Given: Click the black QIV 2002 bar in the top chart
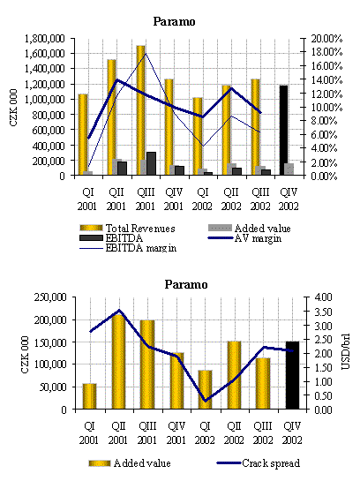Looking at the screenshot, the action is pyautogui.click(x=283, y=130).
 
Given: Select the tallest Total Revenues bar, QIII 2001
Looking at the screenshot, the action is pyautogui.click(x=141, y=110).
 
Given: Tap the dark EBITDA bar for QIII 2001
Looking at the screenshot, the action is pyautogui.click(x=151, y=163).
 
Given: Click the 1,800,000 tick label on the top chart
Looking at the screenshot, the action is pyautogui.click(x=44, y=39).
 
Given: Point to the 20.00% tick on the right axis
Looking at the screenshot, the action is pyautogui.click(x=326, y=39).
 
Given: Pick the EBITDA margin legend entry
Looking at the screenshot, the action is pyautogui.click(x=128, y=248).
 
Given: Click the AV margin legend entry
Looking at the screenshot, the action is pyautogui.click(x=244, y=238).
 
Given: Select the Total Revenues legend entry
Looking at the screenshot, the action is pyautogui.click(x=128, y=228).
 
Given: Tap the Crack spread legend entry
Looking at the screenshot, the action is pyautogui.click(x=259, y=462).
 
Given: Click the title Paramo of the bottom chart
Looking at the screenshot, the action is pyautogui.click(x=186, y=284).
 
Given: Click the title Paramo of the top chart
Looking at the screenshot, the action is pyautogui.click(x=174, y=21).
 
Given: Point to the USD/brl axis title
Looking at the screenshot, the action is pyautogui.click(x=345, y=351).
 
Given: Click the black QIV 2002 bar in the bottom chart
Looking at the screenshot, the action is pyautogui.click(x=292, y=375).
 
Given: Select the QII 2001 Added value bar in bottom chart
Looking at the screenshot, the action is pyautogui.click(x=118, y=362).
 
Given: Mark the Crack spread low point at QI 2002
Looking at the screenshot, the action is pyautogui.click(x=205, y=401).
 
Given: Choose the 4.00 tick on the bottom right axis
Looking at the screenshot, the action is pyautogui.click(x=323, y=297).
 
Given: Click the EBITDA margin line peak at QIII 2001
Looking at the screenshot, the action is pyautogui.click(x=146, y=53).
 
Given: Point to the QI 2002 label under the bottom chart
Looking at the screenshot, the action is pyautogui.click(x=205, y=432).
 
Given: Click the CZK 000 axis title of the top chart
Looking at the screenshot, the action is pyautogui.click(x=13, y=108).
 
